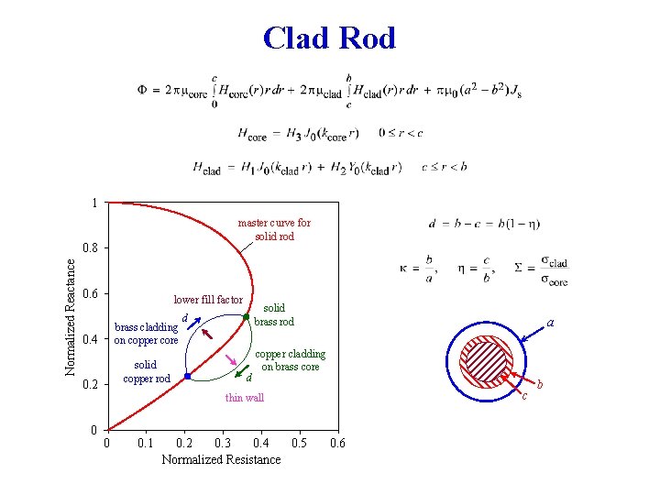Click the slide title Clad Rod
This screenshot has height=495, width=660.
pos(329,38)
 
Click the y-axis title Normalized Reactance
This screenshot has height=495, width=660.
pos(71,314)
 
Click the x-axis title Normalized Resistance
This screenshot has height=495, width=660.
pos(221,459)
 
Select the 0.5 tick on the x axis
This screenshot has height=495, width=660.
pos(299,444)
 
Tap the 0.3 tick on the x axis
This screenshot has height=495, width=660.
pos(222,444)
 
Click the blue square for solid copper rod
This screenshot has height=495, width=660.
pos(186,377)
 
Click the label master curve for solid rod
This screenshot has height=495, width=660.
pos(274,229)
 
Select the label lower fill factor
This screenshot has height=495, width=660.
pos(208,300)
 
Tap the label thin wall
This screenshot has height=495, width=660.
pos(244,398)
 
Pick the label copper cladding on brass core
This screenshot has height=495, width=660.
pos(290,360)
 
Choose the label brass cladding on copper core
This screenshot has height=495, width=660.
pos(146,333)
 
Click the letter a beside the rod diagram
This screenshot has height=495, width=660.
pos(550,323)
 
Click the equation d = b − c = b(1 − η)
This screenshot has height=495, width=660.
pos(483,224)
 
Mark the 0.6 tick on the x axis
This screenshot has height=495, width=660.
pos(337,444)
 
